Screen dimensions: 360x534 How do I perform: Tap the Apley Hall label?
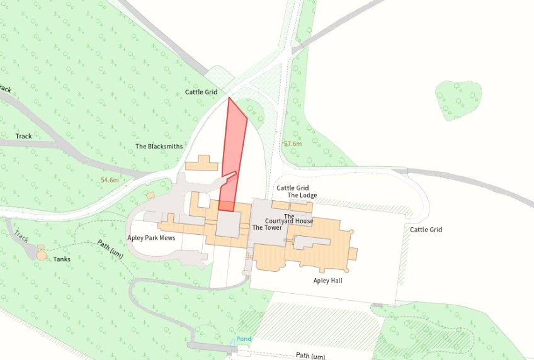[327, 280]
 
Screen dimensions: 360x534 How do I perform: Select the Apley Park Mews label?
[151, 238]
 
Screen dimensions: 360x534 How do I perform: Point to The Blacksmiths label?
[159, 147]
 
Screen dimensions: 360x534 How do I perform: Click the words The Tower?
[267, 228]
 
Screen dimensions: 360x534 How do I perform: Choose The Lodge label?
[302, 196]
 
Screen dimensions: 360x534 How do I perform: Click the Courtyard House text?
[289, 221]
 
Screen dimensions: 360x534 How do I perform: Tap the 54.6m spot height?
[110, 181]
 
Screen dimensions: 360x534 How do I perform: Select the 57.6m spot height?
[293, 144]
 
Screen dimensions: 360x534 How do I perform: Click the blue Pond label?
[244, 339]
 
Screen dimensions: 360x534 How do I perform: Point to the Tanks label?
[62, 259]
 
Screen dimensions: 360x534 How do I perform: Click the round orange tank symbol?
[42, 256]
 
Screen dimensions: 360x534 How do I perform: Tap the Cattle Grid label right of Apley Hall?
[426, 230]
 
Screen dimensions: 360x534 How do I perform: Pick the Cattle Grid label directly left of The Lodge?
[293, 188]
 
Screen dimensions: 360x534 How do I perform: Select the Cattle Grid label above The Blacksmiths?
[201, 92]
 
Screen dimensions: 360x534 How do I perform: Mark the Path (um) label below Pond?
[310, 356]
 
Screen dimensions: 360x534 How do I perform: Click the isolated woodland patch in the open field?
[458, 99]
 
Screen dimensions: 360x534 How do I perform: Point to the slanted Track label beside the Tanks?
[21, 236]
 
